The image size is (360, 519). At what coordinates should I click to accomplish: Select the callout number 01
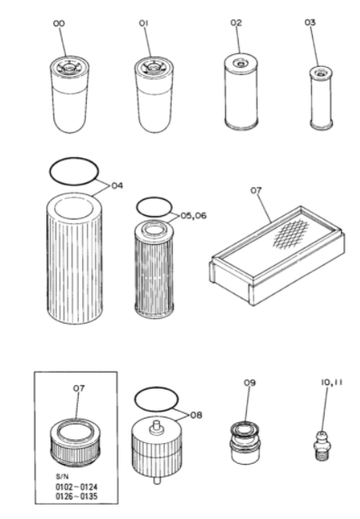click(143, 21)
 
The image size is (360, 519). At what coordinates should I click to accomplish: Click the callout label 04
click(116, 186)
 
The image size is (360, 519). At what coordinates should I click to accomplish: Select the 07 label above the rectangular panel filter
click(256, 191)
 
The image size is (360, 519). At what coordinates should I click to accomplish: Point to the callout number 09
click(250, 383)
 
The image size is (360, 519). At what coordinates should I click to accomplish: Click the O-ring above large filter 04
click(72, 169)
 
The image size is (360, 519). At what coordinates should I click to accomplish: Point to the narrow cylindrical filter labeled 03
click(319, 99)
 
